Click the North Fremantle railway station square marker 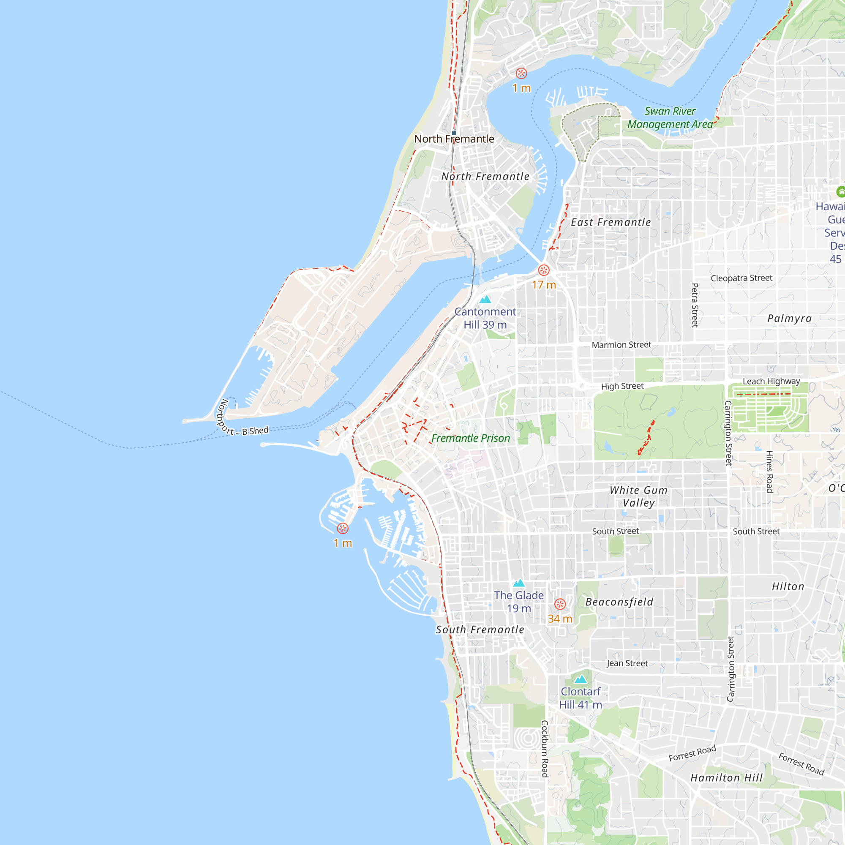point(454,133)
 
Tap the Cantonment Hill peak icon point(485,300)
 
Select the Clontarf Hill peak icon point(581,679)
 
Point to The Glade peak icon point(519,583)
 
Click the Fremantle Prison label point(471,438)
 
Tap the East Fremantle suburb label point(611,223)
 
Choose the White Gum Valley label point(638,496)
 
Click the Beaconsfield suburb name point(619,602)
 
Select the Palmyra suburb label point(790,319)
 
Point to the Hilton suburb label point(788,586)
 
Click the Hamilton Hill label point(726,778)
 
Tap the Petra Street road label point(695,305)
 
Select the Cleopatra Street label point(741,278)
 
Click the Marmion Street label point(621,345)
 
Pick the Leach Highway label point(771,382)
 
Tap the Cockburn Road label point(545,749)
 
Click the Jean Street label point(627,663)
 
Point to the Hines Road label point(769,472)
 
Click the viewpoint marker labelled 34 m point(560,605)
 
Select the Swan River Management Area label point(670,117)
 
